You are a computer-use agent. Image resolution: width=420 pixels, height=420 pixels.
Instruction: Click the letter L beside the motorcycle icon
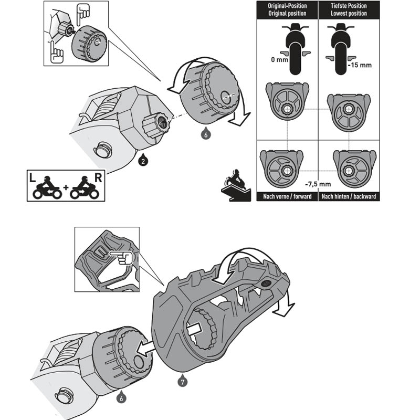(x=33, y=178)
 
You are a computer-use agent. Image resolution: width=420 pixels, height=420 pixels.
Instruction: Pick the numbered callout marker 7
(x=181, y=382)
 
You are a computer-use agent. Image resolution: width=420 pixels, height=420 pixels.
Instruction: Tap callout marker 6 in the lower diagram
(x=122, y=399)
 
